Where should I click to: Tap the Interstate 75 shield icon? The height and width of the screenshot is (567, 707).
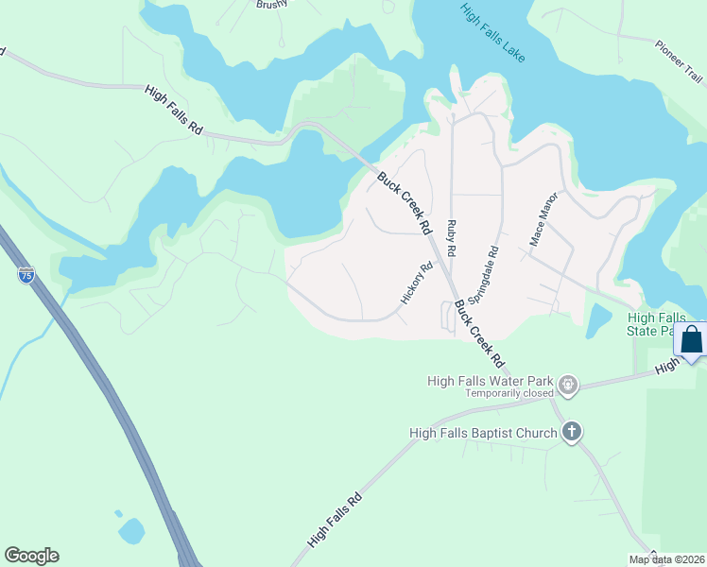pyautogui.click(x=26, y=275)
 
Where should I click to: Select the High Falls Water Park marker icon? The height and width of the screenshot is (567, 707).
pyautogui.click(x=567, y=385)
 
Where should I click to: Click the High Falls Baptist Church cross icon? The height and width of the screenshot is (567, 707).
pyautogui.click(x=571, y=433)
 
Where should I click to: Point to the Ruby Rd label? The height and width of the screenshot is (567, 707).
pyautogui.click(x=452, y=239)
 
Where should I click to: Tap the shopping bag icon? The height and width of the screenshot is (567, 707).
pyautogui.click(x=692, y=339)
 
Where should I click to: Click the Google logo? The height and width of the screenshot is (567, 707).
pyautogui.click(x=31, y=556)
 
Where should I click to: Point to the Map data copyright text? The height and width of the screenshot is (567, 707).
pyautogui.click(x=666, y=559)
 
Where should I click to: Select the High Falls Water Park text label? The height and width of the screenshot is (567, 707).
pyautogui.click(x=490, y=381)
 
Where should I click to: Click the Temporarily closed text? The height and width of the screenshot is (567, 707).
pyautogui.click(x=509, y=393)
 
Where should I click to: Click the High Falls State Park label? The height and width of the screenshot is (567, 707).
pyautogui.click(x=662, y=324)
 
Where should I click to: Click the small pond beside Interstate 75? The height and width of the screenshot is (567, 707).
pyautogui.click(x=132, y=530)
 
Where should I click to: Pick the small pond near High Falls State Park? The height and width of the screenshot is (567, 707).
pyautogui.click(x=598, y=322)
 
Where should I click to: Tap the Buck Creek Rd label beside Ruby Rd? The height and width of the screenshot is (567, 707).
pyautogui.click(x=405, y=203)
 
